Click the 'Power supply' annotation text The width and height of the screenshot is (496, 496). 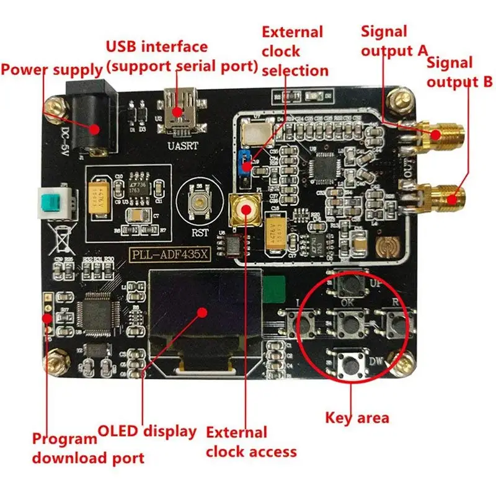point(51,69)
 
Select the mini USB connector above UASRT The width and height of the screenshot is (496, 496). point(179,108)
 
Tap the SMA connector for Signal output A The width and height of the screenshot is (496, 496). point(436,135)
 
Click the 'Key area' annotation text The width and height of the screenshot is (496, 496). point(357,417)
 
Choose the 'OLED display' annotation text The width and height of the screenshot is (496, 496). point(147,431)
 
